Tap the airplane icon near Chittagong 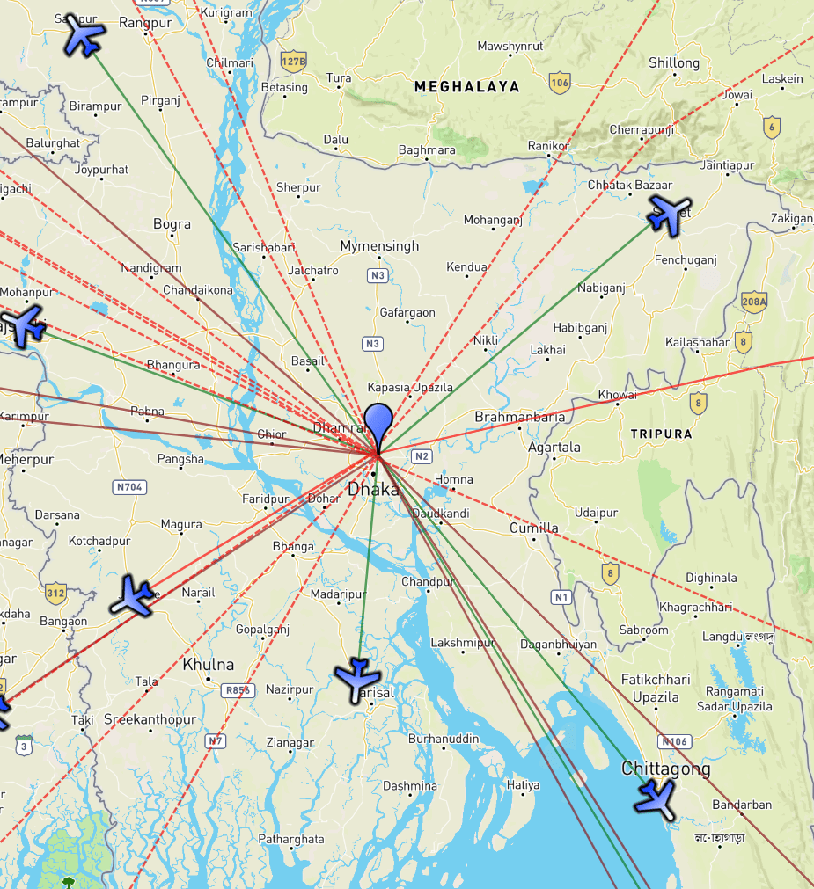point(656,798)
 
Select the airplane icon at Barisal point(357,678)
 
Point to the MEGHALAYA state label point(466,86)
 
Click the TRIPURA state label point(661,434)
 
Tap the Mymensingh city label point(379,246)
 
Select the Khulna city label point(208,664)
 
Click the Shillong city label point(674,62)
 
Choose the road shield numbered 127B point(293,61)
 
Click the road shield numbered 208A point(754,302)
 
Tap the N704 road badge point(129,486)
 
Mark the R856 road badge point(238,690)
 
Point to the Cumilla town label point(533,528)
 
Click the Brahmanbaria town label point(519,417)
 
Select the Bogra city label point(172,224)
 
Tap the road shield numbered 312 point(55,591)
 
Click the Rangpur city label point(144,22)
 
